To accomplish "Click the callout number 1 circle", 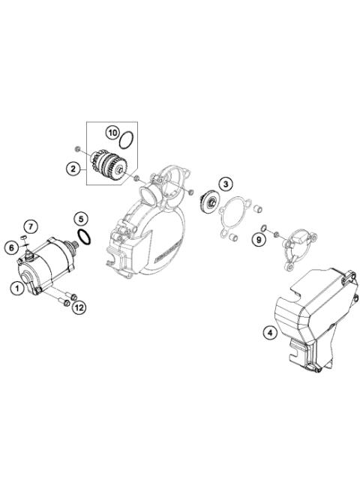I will tap(16, 286).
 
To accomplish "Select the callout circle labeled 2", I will tap(75, 170).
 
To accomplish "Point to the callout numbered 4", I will tap(268, 331).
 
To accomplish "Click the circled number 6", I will tap(13, 247).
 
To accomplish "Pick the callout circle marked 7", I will tap(31, 226).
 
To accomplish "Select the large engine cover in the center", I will tap(150, 232).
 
